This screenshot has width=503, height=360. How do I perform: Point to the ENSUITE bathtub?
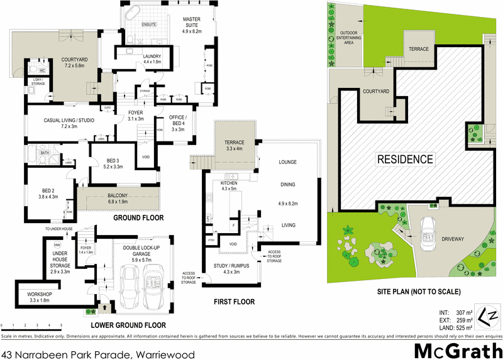pyautogui.click(x=133, y=13)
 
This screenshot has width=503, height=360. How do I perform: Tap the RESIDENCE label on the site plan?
pyautogui.click(x=405, y=159)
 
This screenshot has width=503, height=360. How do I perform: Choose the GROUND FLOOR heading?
pyautogui.click(x=138, y=218)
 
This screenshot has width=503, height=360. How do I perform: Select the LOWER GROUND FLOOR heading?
pyautogui.click(x=128, y=325)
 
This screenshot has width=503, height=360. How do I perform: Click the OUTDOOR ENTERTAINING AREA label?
pyautogui.click(x=352, y=39)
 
